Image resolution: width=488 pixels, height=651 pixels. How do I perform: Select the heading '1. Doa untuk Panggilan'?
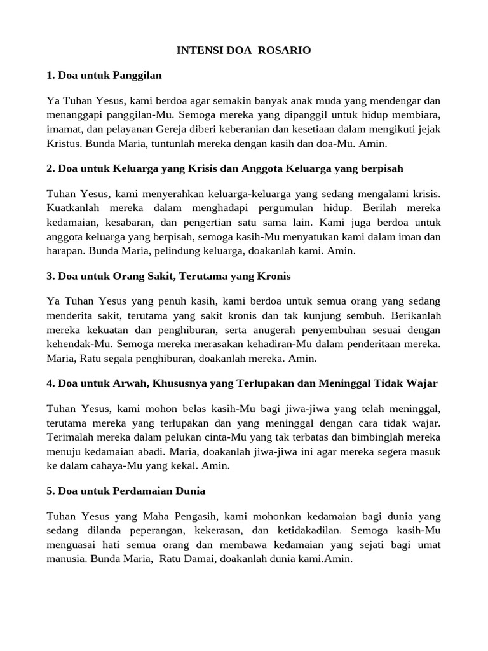coord(104,75)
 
